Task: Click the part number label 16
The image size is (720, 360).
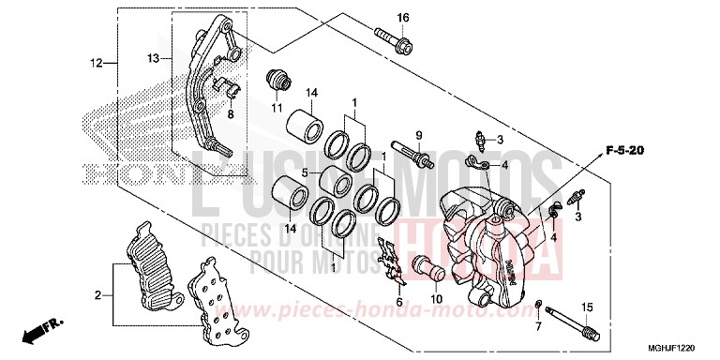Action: [403, 18]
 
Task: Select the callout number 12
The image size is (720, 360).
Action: [96, 64]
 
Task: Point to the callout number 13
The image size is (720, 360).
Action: [154, 58]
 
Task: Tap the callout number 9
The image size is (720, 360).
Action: [420, 135]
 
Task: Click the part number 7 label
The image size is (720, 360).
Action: [538, 327]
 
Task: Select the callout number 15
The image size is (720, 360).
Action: [587, 307]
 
